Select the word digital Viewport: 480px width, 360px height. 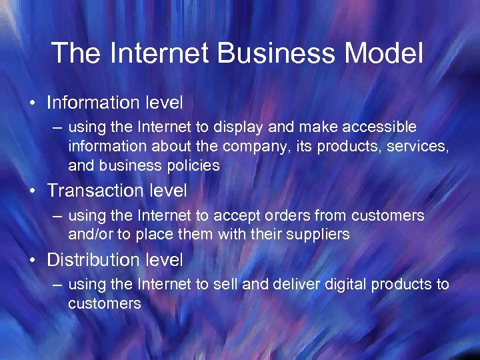pos(347,285)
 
